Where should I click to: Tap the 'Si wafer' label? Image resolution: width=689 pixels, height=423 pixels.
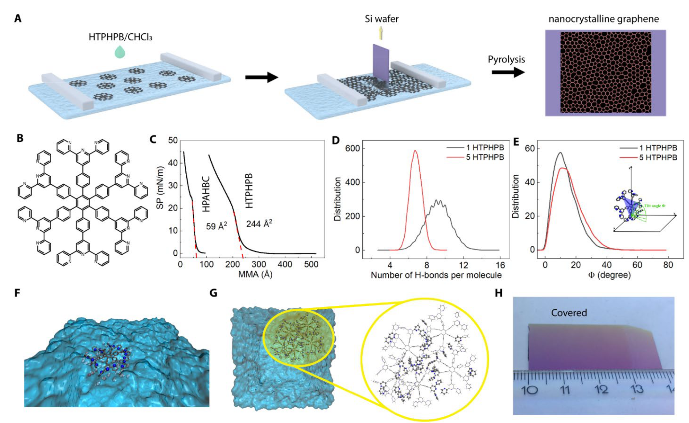tap(382, 19)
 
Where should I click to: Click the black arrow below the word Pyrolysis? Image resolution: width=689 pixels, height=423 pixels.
tap(508, 73)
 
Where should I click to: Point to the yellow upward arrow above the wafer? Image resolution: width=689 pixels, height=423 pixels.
tap(381, 33)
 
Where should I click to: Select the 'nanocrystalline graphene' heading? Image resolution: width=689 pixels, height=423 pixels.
tap(604, 19)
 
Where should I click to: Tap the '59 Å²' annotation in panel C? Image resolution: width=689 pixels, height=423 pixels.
tap(217, 226)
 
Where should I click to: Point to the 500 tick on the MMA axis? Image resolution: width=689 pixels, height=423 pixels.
tap(311, 265)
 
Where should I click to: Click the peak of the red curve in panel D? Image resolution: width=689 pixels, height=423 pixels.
tap(415, 151)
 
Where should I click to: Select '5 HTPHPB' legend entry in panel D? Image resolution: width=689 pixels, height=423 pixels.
tap(485, 157)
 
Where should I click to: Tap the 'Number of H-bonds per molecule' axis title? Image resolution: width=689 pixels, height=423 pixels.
tap(436, 275)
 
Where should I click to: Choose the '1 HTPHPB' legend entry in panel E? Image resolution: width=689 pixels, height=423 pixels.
tap(658, 148)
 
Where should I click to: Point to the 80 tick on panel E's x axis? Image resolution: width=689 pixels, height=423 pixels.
tap(668, 265)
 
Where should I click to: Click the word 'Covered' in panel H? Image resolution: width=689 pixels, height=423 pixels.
tap(569, 313)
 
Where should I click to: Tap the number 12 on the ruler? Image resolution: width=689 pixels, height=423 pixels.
tap(601, 390)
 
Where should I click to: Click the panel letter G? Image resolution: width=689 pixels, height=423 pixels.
tap(213, 292)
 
